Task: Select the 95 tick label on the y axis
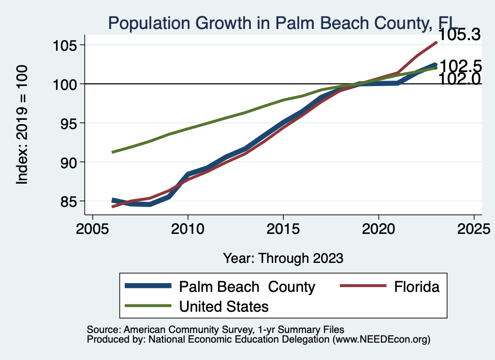[68, 123]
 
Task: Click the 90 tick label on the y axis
[68, 162]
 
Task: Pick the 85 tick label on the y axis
[68, 201]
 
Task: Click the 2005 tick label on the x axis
[92, 228]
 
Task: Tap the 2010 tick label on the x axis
[188, 228]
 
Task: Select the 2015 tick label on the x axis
[283, 228]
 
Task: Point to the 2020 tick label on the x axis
[378, 228]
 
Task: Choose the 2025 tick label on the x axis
[473, 228]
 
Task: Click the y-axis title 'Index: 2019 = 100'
[22, 125]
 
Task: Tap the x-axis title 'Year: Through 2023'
[283, 258]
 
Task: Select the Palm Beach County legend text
[247, 287]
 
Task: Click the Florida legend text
[417, 287]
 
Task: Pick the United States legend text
[224, 306]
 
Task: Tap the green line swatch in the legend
[148, 305]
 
